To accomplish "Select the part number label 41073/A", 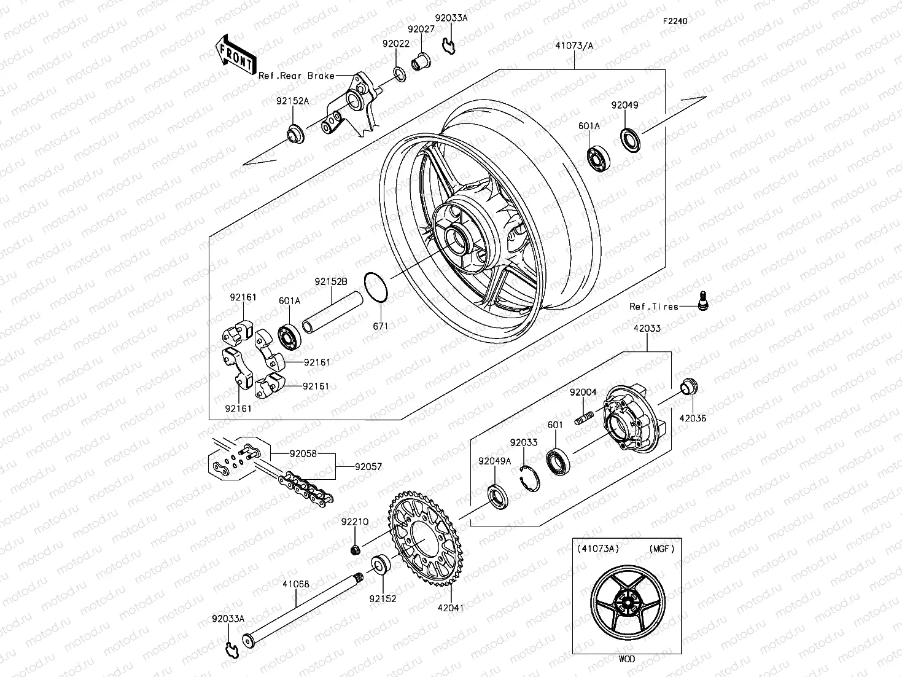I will pyautogui.click(x=574, y=45).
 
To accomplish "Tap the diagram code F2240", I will pyautogui.click(x=674, y=21).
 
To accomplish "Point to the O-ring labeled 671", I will pyautogui.click(x=376, y=288).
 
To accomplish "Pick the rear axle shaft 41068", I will pyautogui.click(x=301, y=609).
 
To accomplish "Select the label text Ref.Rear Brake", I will pyautogui.click(x=296, y=76).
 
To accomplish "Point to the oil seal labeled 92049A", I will pyautogui.click(x=497, y=496).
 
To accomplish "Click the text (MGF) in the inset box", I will pyautogui.click(x=661, y=549).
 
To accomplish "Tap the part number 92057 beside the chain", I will pyautogui.click(x=368, y=467).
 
